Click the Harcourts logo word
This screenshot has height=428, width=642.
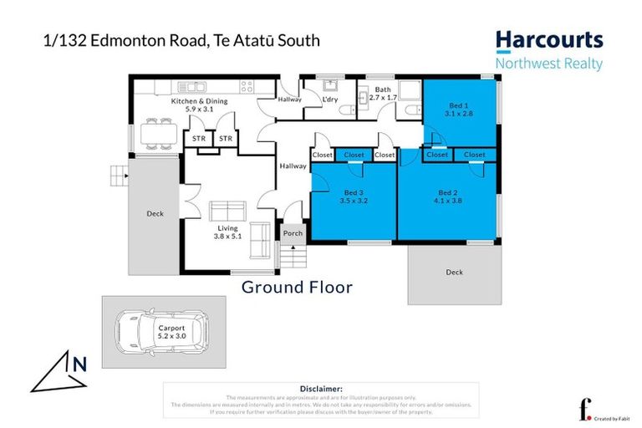click(548, 40)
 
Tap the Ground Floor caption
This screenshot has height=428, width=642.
click(297, 288)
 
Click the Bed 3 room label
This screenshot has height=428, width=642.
click(354, 196)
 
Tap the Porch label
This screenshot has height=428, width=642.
click(293, 233)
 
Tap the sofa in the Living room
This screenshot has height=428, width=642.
click(227, 210)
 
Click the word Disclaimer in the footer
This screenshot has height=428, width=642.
click(320, 389)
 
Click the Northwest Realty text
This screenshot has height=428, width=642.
click(548, 64)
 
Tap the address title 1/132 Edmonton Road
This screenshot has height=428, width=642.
click(181, 39)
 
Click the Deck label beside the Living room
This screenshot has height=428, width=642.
click(155, 214)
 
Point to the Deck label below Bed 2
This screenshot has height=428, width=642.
click(454, 273)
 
